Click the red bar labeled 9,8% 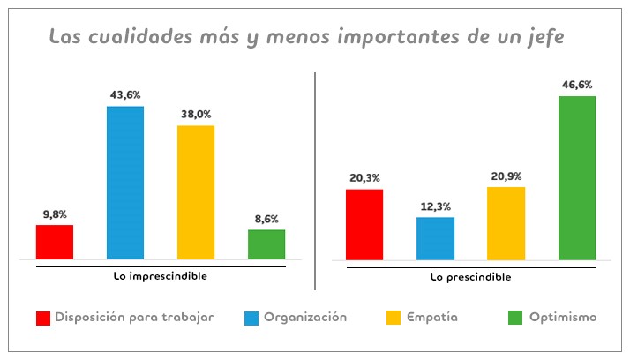pyautogui.click(x=55, y=242)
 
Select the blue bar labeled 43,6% pyautogui.click(x=125, y=183)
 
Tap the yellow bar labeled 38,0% pyautogui.click(x=196, y=192)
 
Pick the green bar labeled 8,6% pyautogui.click(x=266, y=244)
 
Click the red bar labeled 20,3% pyautogui.click(x=364, y=224)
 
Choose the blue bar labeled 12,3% pyautogui.click(x=435, y=238)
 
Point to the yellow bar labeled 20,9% pyautogui.click(x=506, y=223)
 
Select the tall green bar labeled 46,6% pyautogui.click(x=577, y=177)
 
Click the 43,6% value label pyautogui.click(x=125, y=94)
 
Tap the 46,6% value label pyautogui.click(x=577, y=85)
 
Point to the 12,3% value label pyautogui.click(x=435, y=206)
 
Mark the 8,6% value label pyautogui.click(x=266, y=218)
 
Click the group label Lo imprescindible pyautogui.click(x=161, y=275)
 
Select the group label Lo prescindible pyautogui.click(x=470, y=276)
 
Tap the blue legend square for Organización pyautogui.click(x=250, y=318)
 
